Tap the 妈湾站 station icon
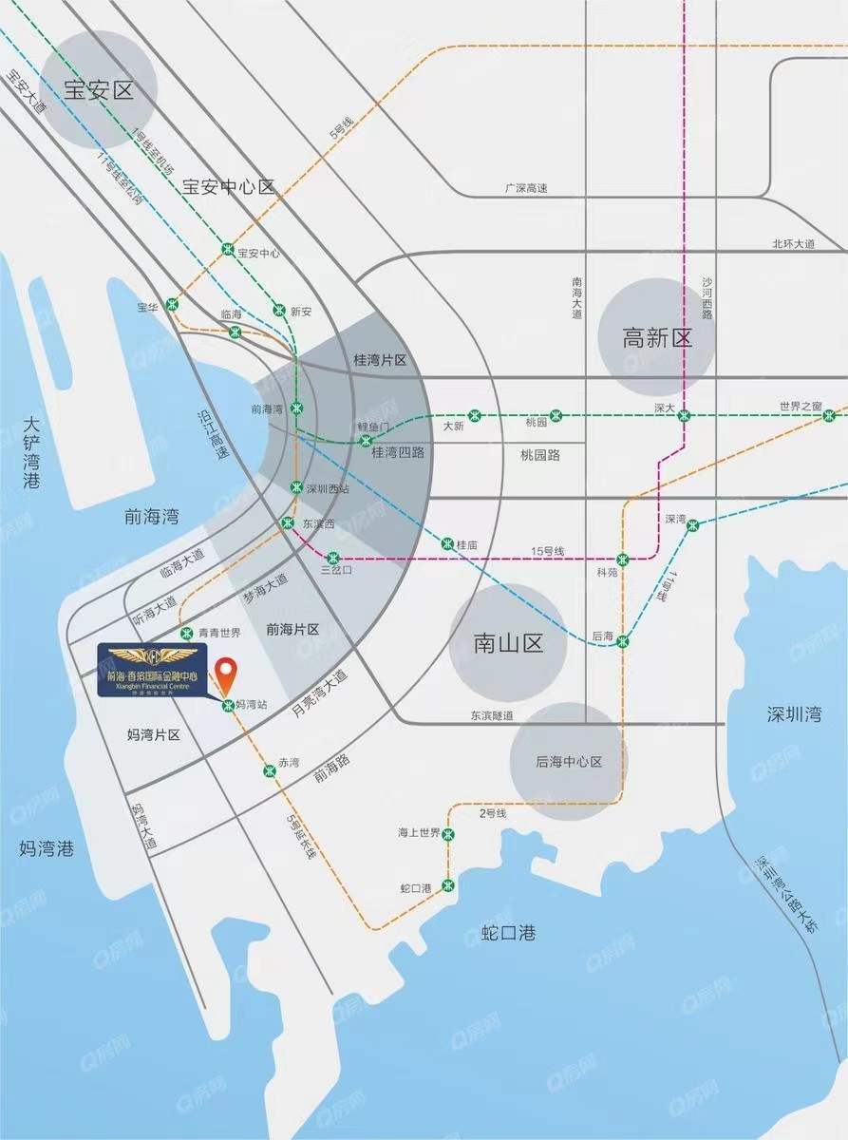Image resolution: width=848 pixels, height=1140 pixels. pos(228,706)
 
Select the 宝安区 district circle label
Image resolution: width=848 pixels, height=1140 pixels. pos(98,90)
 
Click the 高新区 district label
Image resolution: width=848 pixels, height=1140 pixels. pos(657,337)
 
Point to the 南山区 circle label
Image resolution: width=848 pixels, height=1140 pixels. pos(508,643)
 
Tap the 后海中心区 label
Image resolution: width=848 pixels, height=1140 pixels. pos(569,762)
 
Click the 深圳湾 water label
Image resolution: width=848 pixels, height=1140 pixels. pos(794,714)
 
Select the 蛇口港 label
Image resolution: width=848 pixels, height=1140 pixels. pos(508,933)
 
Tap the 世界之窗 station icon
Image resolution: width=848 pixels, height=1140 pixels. pos(829,415)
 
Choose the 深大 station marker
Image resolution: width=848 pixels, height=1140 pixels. pos(684,415)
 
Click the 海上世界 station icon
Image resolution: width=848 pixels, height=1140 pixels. pos(448,833)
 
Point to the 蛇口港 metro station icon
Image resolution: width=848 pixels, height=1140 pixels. pos(448,886)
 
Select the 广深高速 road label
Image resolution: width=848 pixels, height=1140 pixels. pos(525,188)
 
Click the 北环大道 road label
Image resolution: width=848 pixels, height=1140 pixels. pos(793,244)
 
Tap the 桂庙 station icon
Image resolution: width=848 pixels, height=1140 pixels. pos(447,544)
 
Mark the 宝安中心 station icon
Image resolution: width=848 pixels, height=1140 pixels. pos(228,249)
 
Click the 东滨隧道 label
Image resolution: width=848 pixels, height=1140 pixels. pos(491,715)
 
